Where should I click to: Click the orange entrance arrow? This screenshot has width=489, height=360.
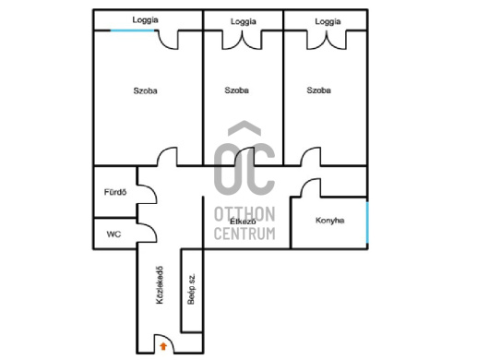pos(163,346)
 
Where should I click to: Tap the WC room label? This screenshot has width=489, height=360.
pos(113,234)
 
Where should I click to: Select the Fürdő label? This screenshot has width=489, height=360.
pos(115,192)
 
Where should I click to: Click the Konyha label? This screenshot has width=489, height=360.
pos(330,221)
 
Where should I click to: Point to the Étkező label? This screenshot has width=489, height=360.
pos(243,222)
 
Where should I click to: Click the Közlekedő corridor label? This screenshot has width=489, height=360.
pos(160,285)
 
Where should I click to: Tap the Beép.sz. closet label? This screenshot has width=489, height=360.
pos(191,289)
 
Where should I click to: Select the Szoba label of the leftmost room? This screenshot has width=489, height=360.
pos(146,90)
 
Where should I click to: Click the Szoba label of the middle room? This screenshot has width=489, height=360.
pos(237,90)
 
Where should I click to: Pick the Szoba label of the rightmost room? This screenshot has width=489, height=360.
pos(318,90)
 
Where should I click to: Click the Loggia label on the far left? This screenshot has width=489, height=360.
pos(146,20)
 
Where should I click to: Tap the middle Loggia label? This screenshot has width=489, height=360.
pos(244,21)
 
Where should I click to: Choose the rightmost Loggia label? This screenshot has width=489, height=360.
pos(328,21)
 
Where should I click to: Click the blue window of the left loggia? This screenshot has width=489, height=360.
pos(133,30)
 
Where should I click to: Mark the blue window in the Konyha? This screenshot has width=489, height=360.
pos(367,222)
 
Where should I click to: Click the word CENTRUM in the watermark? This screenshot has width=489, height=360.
pos(244,234)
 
